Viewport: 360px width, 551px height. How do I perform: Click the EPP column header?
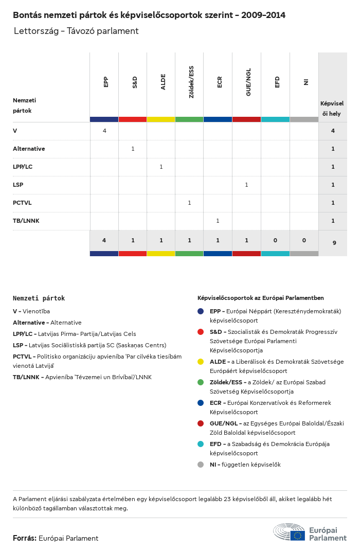tap(106, 81)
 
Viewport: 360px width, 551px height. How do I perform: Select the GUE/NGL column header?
tap(248, 84)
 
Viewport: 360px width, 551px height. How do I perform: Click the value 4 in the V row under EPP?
tap(104, 131)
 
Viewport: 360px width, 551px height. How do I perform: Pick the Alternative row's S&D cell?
tap(133, 149)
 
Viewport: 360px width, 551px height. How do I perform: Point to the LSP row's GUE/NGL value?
tap(246, 185)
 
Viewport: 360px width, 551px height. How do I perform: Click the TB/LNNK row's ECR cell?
tap(218, 221)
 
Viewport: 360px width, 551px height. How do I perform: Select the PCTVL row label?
tap(22, 203)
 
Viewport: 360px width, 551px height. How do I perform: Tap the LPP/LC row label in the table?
tap(23, 167)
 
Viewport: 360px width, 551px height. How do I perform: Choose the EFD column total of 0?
tap(275, 240)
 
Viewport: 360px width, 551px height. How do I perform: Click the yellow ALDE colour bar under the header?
tap(161, 119)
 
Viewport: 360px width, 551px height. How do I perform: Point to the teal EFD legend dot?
tap(201, 443)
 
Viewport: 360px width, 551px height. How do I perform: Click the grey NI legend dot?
tap(201, 465)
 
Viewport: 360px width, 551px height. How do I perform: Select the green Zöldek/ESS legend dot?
tap(201, 382)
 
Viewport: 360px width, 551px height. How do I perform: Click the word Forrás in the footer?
tap(24, 538)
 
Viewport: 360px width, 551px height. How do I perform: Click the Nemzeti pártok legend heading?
tap(39, 298)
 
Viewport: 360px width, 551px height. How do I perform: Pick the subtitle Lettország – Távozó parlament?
tap(76, 31)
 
